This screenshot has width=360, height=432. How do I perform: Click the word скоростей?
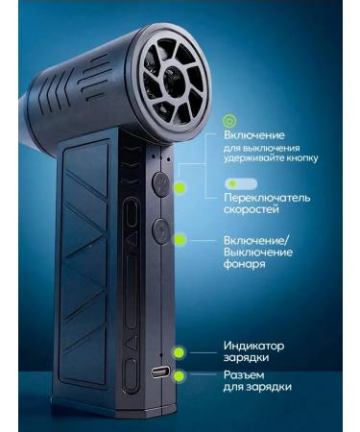tap(252, 212)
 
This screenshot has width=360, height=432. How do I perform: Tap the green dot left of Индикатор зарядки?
tap(180, 353)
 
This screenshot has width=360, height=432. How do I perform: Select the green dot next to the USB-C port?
tap(180, 376)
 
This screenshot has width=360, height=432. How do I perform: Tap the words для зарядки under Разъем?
tap(258, 388)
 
